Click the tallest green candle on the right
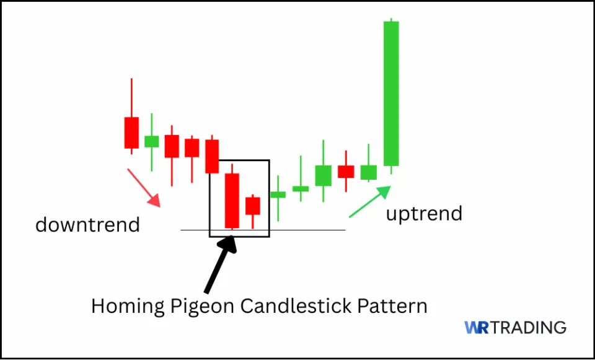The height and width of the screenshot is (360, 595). point(391,93)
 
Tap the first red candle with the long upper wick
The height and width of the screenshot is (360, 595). point(131,132)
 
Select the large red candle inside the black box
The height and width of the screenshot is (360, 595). point(232,200)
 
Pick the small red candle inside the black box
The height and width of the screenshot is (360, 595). point(252,206)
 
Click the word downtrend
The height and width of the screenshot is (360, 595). point(87,224)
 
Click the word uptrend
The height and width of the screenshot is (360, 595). point(424,214)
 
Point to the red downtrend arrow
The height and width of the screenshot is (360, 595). point(144,187)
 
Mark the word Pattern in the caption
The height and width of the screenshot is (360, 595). point(397,306)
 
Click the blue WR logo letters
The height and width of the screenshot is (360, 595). point(478,327)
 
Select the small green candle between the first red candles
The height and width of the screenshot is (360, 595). point(151,141)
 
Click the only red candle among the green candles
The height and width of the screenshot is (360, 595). point(346,171)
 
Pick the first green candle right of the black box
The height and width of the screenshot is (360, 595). point(278,195)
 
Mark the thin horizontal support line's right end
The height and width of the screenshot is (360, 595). point(343,230)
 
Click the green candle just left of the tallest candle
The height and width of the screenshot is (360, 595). point(369,172)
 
